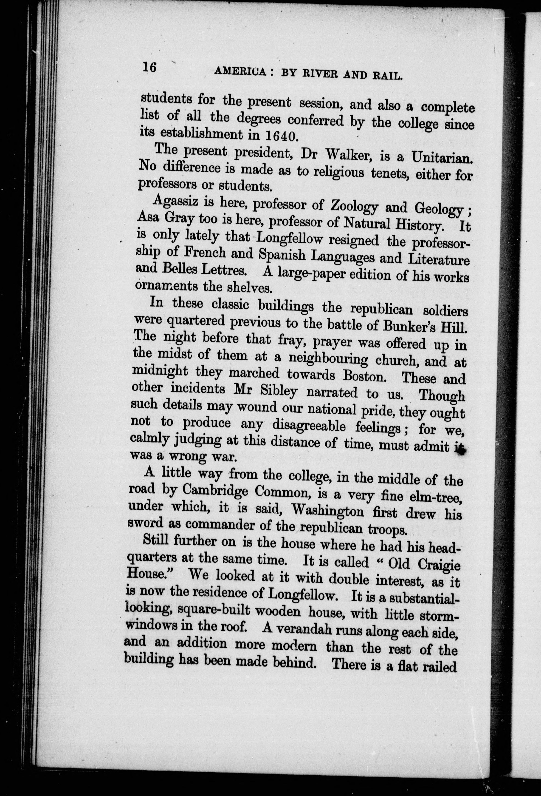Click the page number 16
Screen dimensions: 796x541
point(149,67)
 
